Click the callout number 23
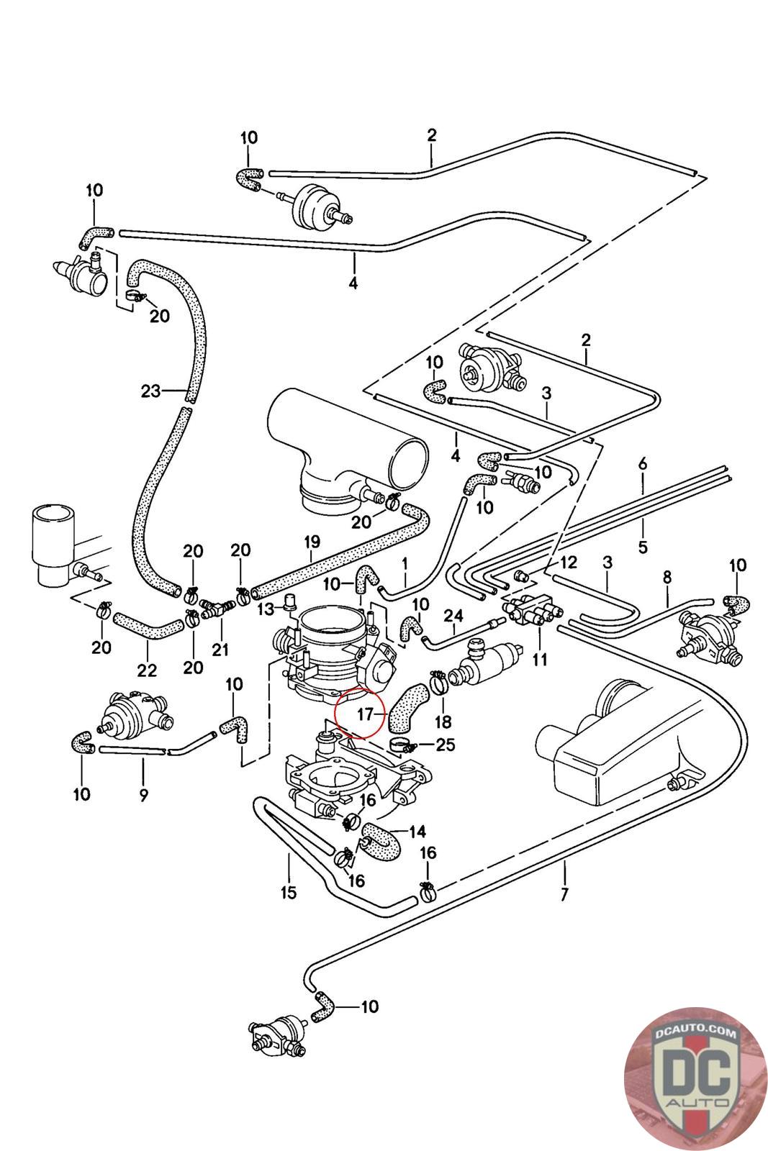[x=150, y=391]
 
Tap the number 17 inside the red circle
[x=364, y=714]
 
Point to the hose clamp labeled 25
[x=400, y=743]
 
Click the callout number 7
[x=564, y=896]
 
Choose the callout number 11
[x=540, y=658]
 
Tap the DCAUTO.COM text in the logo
[x=695, y=1034]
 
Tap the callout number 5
[x=643, y=547]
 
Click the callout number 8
[x=667, y=576]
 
